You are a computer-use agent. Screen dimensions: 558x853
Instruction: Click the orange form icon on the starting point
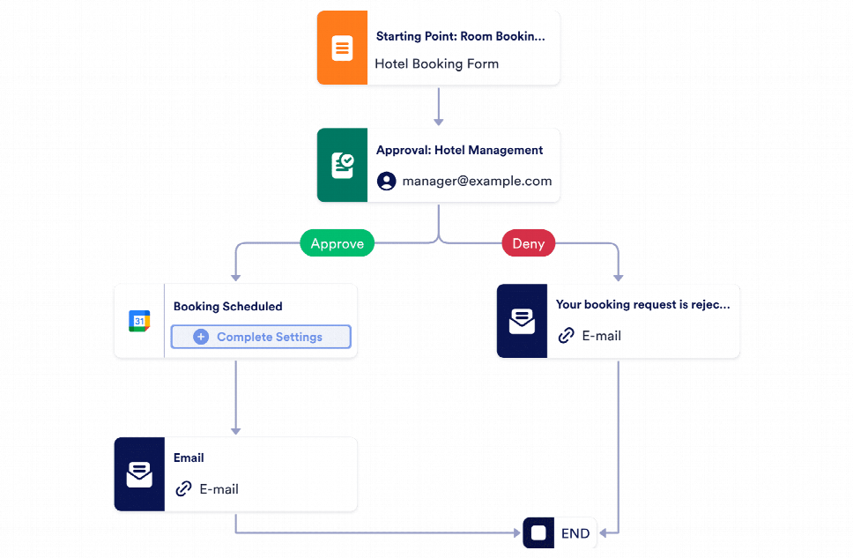[x=342, y=48]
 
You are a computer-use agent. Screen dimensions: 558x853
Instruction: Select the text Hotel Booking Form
[x=436, y=63]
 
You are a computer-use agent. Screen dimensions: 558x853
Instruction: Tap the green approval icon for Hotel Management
[x=342, y=166]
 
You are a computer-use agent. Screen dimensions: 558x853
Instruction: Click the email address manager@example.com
[x=477, y=181]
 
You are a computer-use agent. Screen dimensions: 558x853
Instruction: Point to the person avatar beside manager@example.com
[x=386, y=181]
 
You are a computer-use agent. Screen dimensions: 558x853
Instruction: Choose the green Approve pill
[x=337, y=244]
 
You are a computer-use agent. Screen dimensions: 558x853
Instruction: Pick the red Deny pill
[x=528, y=244]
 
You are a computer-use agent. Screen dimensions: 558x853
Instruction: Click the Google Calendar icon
[x=139, y=321]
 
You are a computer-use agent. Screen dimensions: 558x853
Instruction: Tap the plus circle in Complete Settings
[x=201, y=337]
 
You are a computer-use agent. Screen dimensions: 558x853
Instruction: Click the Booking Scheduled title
[x=227, y=307]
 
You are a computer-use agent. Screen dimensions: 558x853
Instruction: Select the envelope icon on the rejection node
[x=522, y=322]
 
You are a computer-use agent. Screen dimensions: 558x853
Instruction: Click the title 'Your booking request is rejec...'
[x=642, y=305]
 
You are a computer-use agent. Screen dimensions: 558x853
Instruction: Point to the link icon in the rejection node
[x=566, y=336]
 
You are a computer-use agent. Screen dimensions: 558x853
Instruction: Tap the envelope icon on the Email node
[x=139, y=474]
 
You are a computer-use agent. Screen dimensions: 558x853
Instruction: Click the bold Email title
[x=189, y=458]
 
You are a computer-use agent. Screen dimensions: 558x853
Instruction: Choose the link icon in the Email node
[x=183, y=489]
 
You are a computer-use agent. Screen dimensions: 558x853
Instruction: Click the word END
[x=575, y=533]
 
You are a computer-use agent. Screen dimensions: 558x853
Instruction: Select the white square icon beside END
[x=538, y=533]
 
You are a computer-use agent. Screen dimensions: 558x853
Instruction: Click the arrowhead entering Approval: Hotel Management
[x=438, y=122]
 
